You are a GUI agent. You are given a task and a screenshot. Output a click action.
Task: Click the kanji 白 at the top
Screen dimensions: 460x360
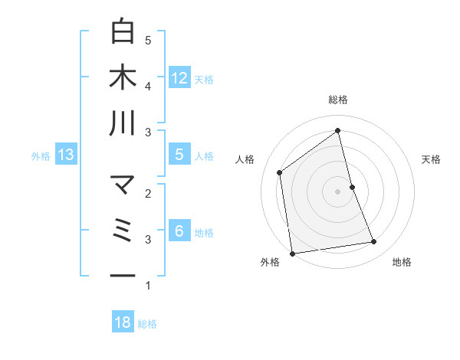pyautogui.click(x=123, y=31)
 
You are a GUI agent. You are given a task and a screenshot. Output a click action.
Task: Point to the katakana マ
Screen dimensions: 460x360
pyautogui.click(x=123, y=185)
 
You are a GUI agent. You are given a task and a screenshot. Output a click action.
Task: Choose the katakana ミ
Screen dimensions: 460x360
pyautogui.click(x=123, y=231)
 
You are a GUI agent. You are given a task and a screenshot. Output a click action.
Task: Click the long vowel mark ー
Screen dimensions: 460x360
pyautogui.click(x=123, y=276)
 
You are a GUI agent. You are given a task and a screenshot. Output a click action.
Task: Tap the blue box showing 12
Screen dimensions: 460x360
pyautogui.click(x=179, y=77)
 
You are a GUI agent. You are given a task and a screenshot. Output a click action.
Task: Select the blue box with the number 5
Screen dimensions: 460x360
pyautogui.click(x=179, y=155)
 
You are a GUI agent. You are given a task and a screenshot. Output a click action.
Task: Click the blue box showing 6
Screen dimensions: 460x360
pyautogui.click(x=179, y=231)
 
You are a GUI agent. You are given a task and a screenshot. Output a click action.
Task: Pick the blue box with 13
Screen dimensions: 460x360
pyautogui.click(x=65, y=155)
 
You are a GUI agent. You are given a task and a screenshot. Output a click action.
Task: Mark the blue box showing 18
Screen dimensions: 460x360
pyautogui.click(x=123, y=322)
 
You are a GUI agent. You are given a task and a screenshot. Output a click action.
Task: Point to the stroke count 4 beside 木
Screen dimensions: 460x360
pyautogui.click(x=148, y=86)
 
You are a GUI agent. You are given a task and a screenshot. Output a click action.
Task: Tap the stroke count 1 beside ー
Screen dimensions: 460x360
pyautogui.click(x=148, y=286)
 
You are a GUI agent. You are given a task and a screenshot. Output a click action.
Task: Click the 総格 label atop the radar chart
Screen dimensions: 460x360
pyautogui.click(x=337, y=100)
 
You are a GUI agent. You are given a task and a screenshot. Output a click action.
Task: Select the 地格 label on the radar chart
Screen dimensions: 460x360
pyautogui.click(x=402, y=262)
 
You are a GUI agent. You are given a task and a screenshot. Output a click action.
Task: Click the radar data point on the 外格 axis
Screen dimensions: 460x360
pyautogui.click(x=292, y=253)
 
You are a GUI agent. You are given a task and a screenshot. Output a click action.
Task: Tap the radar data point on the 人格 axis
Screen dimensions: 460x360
pyautogui.click(x=280, y=172)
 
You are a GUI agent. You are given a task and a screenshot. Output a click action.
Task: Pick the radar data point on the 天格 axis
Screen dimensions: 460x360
pyautogui.click(x=352, y=187)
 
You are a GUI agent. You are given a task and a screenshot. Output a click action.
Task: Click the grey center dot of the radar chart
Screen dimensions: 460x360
pyautogui.click(x=337, y=191)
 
